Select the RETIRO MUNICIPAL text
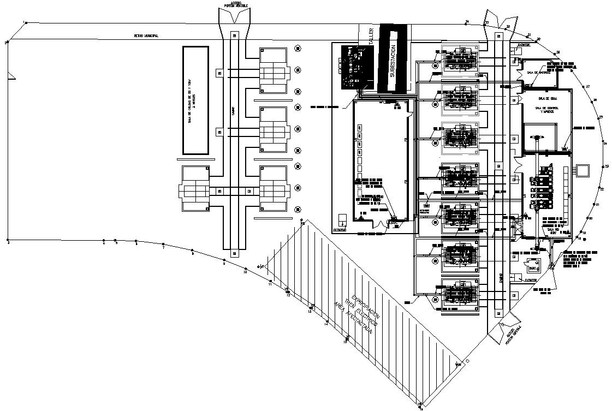tap(146, 36)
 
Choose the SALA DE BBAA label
tap(547, 99)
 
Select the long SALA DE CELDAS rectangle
tap(195, 100)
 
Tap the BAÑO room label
tap(531, 269)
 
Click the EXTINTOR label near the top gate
tap(522, 46)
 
